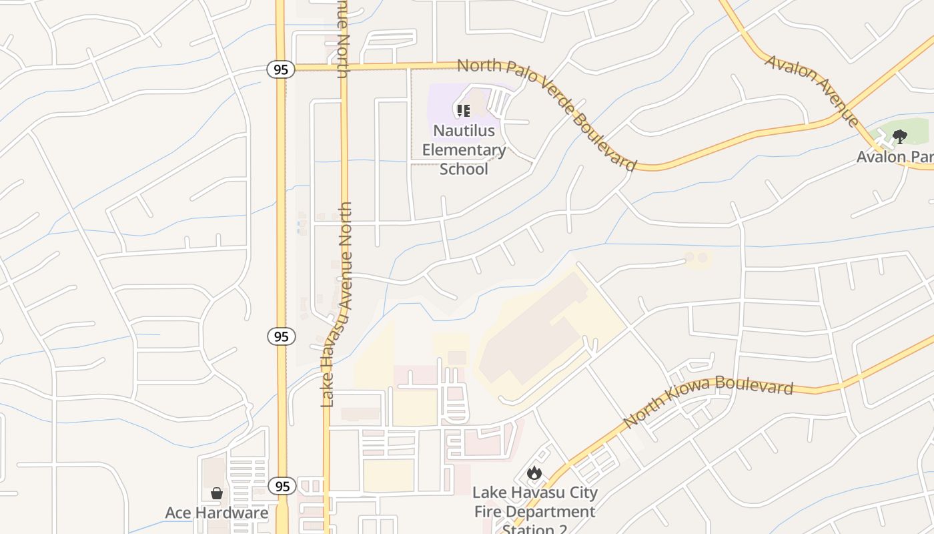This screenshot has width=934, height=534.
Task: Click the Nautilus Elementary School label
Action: coord(464,150)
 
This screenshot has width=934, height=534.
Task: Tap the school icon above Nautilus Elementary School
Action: coord(463,110)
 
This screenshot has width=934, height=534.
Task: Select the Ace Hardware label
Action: coord(216,513)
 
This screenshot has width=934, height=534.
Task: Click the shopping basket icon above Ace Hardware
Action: coord(217,493)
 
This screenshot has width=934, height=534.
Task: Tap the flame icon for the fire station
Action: coord(534,473)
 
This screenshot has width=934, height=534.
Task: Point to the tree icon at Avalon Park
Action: coord(900,137)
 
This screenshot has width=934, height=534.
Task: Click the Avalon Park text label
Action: coord(895,157)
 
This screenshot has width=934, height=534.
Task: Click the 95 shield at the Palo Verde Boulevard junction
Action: coord(281,69)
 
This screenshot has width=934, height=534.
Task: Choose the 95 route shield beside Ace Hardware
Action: coord(282,486)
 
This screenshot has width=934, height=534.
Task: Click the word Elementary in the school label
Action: coord(464,150)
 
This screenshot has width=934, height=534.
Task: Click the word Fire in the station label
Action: coord(489,512)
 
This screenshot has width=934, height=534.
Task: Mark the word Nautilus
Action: coord(464,130)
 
